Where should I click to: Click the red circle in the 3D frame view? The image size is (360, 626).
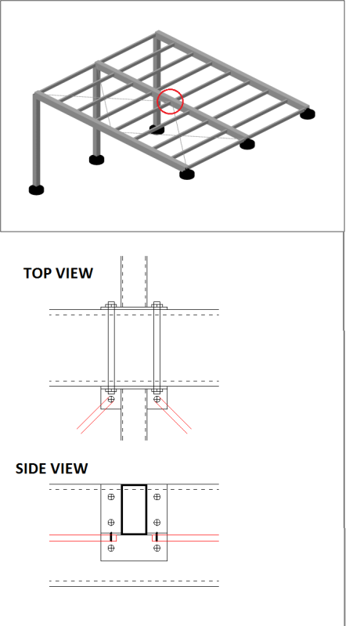click(x=171, y=89)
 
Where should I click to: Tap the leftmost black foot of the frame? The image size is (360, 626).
click(x=36, y=189)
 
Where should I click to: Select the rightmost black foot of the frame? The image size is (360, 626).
click(x=308, y=114)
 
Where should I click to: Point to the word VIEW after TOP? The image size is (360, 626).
click(x=74, y=273)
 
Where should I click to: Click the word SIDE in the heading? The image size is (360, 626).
click(x=31, y=468)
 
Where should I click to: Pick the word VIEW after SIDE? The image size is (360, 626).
click(x=69, y=468)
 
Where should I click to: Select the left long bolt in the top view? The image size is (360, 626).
click(x=111, y=347)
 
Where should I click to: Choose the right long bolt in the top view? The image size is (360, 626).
click(x=157, y=347)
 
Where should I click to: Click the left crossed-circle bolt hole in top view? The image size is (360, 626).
click(x=111, y=399)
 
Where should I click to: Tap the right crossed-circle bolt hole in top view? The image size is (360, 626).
click(x=157, y=399)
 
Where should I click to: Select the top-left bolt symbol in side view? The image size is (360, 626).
click(x=111, y=497)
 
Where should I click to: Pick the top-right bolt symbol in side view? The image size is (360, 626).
click(x=157, y=497)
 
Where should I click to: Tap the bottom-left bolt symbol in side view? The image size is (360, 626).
click(x=111, y=549)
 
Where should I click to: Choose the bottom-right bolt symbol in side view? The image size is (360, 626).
click(x=157, y=549)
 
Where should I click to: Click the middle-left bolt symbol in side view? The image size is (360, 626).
click(x=111, y=523)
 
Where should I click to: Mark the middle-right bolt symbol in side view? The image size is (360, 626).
click(x=157, y=523)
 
